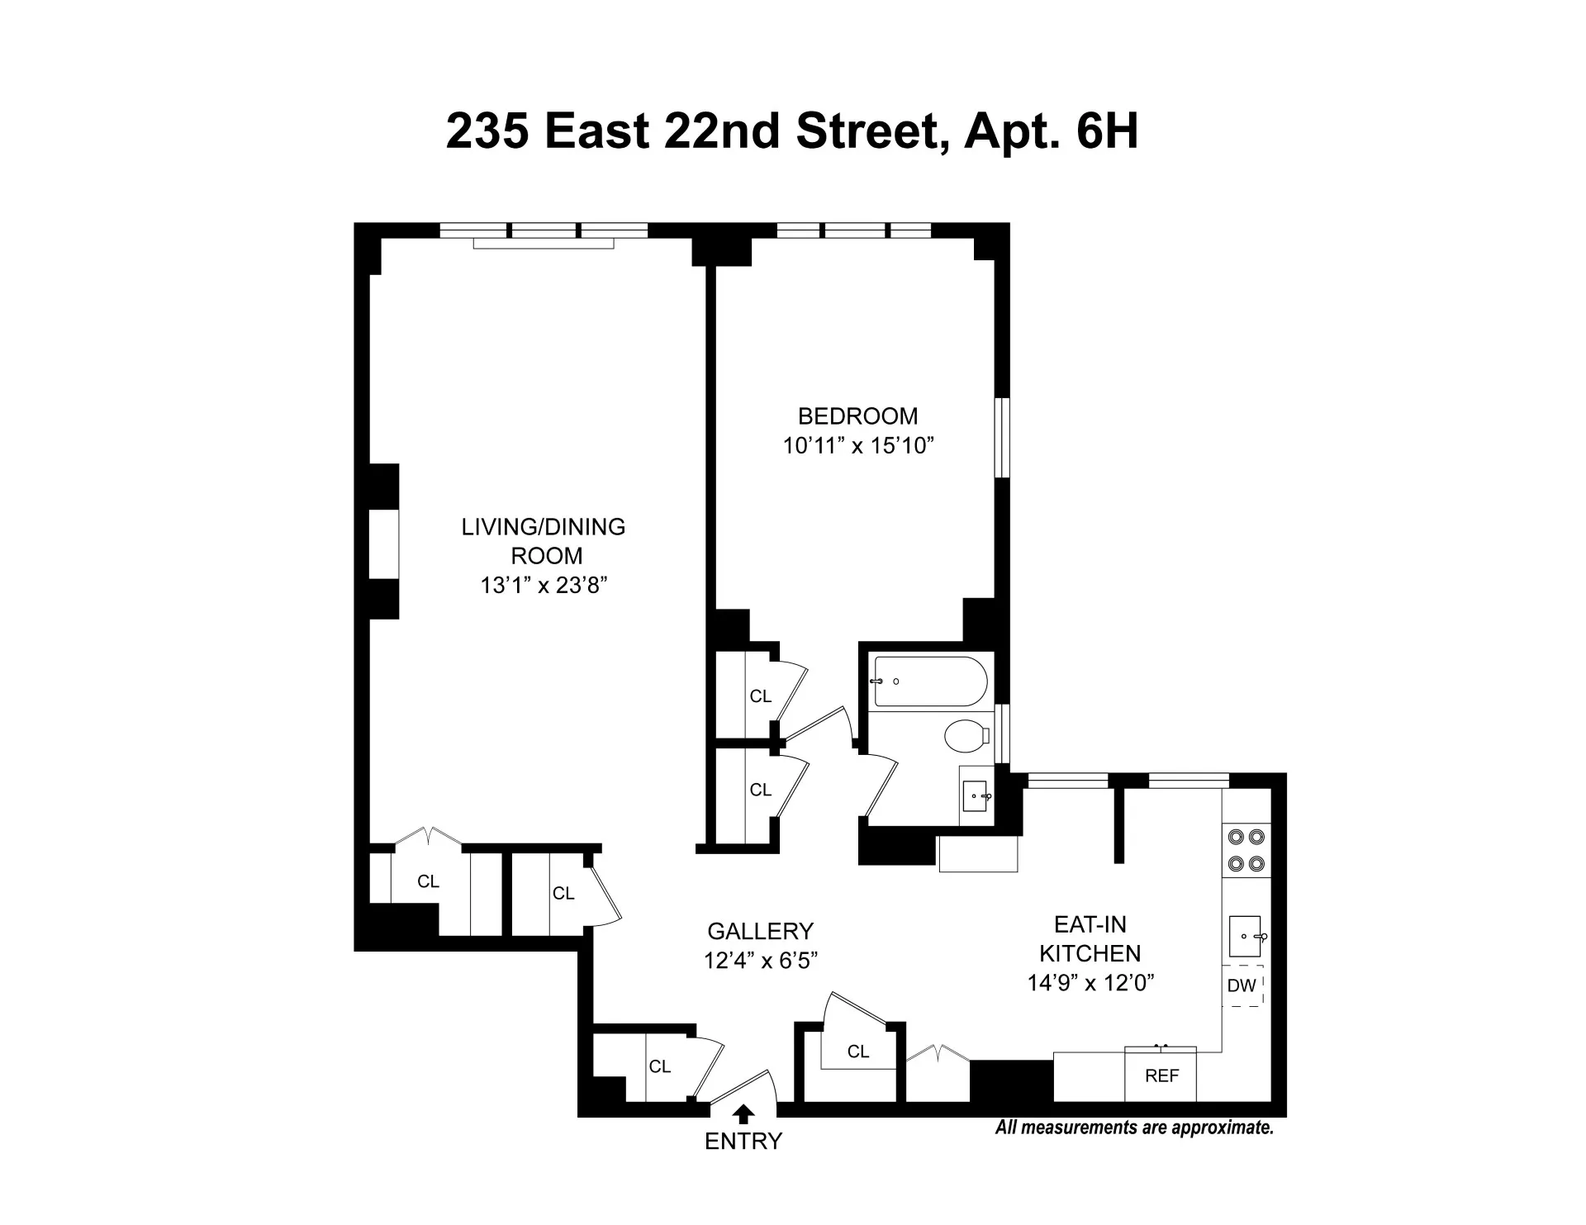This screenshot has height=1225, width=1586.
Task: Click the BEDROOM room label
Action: click(857, 416)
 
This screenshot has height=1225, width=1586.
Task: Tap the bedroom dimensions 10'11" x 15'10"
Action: click(857, 446)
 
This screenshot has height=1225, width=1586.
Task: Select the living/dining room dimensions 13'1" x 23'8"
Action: click(544, 586)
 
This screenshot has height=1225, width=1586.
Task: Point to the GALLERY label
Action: click(760, 932)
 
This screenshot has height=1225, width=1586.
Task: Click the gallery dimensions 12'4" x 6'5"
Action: click(760, 961)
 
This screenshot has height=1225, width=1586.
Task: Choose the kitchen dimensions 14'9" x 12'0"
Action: click(1090, 983)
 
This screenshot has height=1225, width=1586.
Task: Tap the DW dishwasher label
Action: click(1242, 985)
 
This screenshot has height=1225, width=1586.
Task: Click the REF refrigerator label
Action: click(1161, 1076)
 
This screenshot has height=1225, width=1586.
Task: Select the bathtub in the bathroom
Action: click(930, 681)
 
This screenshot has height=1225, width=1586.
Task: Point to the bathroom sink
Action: click(976, 795)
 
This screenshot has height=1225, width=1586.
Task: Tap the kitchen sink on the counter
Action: click(1245, 936)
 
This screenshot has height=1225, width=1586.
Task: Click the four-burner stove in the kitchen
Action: click(1246, 850)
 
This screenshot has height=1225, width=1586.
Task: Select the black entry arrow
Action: click(743, 1114)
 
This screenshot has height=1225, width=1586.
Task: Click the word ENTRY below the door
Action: click(743, 1142)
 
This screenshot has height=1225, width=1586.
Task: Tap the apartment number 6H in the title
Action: click(1107, 131)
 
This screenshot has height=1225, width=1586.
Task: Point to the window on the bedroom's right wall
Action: click(1002, 438)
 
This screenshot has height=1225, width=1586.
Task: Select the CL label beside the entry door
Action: click(659, 1066)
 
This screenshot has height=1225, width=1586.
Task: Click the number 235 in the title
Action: click(487, 131)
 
